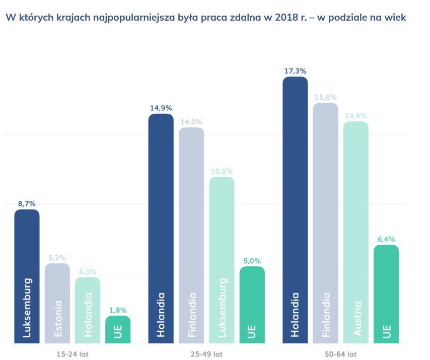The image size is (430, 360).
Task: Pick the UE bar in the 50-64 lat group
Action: coord(386,295)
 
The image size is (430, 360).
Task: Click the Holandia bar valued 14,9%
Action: coord(161,229)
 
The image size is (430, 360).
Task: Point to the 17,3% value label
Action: coord(295,71)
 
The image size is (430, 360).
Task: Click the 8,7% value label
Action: coord(27,204)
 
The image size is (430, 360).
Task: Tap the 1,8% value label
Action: coord(118,310)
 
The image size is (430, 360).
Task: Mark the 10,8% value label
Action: coord(222,171)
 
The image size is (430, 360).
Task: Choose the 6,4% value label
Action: coord(386,239)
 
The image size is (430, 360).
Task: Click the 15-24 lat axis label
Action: coord(72,354)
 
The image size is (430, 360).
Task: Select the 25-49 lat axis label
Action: coord(206,354)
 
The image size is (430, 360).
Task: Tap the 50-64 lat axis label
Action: coord(341,354)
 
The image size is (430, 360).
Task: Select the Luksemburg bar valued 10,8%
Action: coord(222,260)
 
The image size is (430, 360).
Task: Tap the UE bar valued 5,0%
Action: coord(252,305)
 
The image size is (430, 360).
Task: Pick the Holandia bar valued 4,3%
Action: coord(88,310)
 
